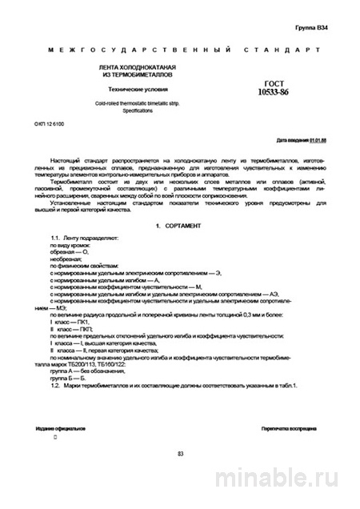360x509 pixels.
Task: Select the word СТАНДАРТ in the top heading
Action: click(x=281, y=50)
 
